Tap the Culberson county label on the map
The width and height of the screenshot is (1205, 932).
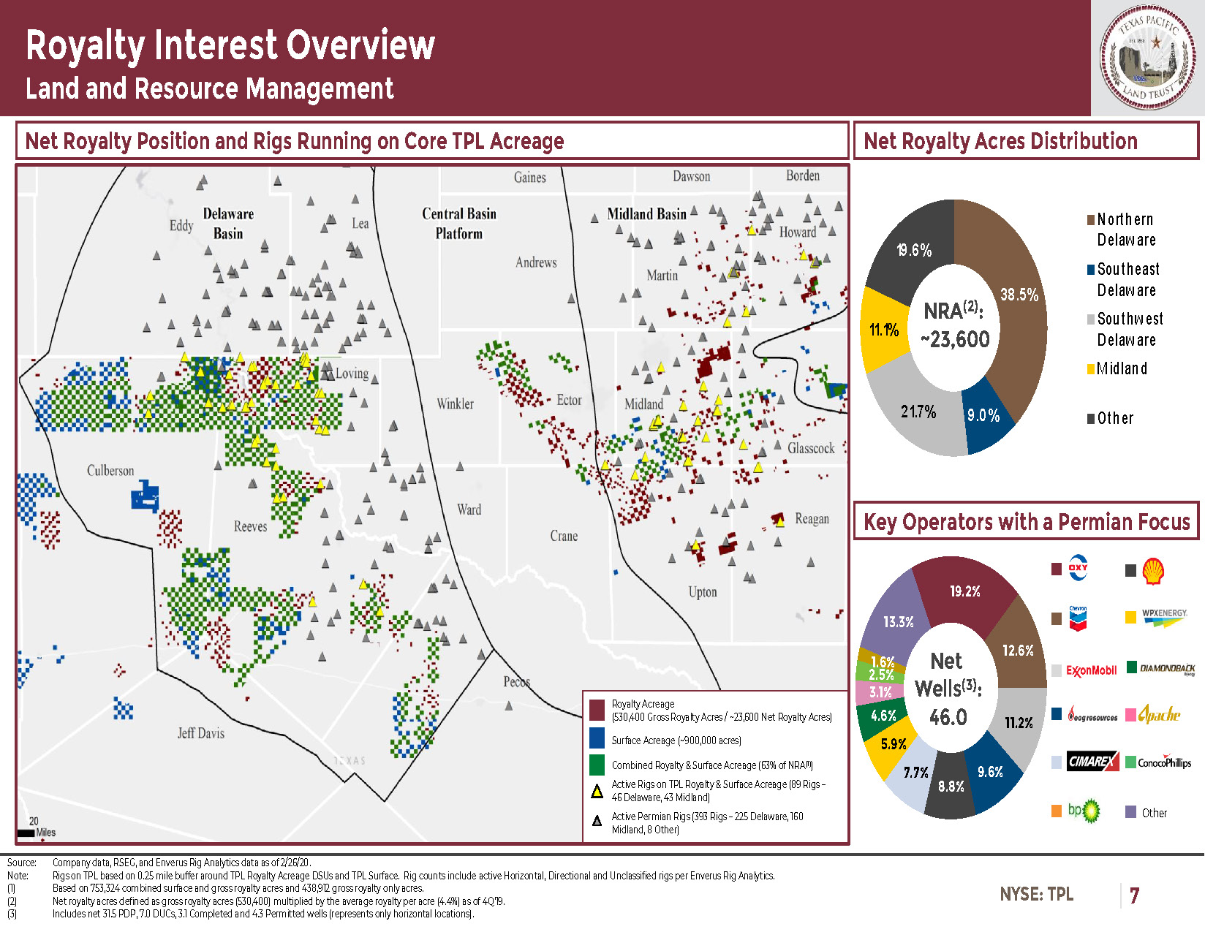tap(110, 471)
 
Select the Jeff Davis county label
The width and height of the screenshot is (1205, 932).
tap(200, 733)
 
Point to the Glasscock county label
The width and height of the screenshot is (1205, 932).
tap(811, 448)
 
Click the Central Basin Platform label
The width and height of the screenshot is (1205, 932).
tap(459, 224)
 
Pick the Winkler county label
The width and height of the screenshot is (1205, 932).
tap(455, 404)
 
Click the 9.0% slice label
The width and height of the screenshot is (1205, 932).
tap(983, 416)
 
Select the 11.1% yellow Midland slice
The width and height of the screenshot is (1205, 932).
tap(884, 330)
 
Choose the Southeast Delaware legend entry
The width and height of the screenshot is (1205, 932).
tap(1127, 279)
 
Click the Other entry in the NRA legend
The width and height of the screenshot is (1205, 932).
tap(1114, 418)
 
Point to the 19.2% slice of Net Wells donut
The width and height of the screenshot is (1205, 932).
tap(964, 591)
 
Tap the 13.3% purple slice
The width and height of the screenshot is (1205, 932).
tap(898, 622)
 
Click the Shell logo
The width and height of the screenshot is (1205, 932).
tap(1153, 571)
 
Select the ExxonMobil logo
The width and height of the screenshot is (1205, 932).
tap(1091, 670)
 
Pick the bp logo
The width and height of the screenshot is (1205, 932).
tap(1084, 811)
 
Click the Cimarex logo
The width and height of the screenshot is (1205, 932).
tap(1092, 762)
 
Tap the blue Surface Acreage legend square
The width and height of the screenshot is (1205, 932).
tap(597, 739)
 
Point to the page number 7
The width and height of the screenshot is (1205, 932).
tap(1134, 895)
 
